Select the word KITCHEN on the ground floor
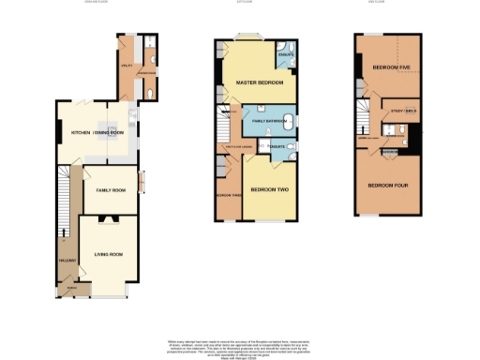(82, 133)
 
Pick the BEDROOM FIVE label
(391, 67)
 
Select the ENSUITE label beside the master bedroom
(286, 54)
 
